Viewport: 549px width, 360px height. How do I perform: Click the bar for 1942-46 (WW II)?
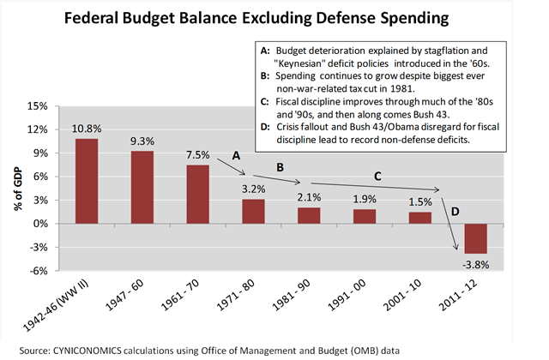[x=87, y=181]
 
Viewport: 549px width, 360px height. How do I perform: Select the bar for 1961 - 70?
[x=198, y=194]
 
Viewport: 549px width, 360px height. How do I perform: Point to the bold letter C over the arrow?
[x=376, y=175]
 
